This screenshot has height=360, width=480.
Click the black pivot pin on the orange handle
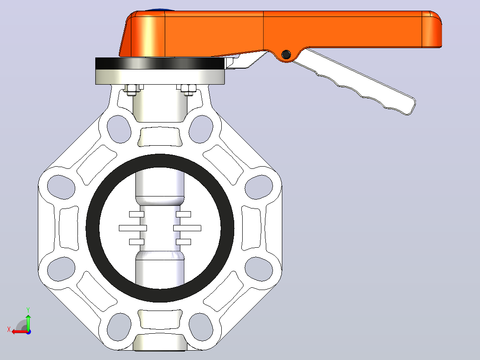pyautogui.click(x=286, y=54)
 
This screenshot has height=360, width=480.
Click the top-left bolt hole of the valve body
pyautogui.click(x=119, y=129)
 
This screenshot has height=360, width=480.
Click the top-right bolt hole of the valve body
pyautogui.click(x=201, y=129)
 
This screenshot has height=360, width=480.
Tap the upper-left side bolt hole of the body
pyautogui.click(x=61, y=187)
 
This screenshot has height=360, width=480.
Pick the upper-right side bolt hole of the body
pyautogui.click(x=259, y=187)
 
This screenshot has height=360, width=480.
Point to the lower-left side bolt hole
pyautogui.click(x=61, y=269)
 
